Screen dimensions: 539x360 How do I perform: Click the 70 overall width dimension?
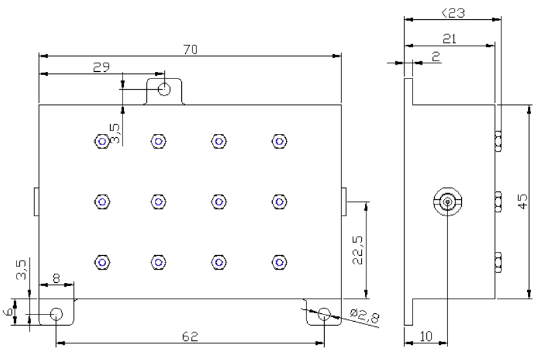(x=190, y=49)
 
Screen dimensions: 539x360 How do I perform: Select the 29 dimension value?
(x=101, y=67)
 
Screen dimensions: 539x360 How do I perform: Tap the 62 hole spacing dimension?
(x=190, y=336)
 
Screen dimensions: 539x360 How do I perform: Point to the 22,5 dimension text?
(x=358, y=250)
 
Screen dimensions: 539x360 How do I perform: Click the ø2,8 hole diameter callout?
(x=364, y=316)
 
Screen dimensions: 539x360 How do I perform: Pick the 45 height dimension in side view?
(x=523, y=202)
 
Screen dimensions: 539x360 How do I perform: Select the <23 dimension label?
(x=453, y=13)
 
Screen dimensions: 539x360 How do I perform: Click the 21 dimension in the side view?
(x=449, y=39)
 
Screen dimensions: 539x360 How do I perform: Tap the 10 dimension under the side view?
(x=426, y=336)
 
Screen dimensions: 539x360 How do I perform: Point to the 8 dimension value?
(x=57, y=278)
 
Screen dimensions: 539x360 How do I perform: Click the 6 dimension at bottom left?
(x=8, y=312)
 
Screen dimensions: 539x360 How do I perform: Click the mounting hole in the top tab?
(x=164, y=89)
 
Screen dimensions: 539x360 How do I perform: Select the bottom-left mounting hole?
(x=57, y=314)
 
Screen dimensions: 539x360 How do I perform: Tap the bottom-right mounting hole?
(x=324, y=314)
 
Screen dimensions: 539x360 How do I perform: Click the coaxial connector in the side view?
(x=447, y=202)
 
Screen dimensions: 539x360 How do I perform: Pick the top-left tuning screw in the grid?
(x=101, y=141)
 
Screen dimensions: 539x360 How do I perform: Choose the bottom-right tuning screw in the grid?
(x=279, y=262)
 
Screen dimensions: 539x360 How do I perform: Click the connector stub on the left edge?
(x=36, y=202)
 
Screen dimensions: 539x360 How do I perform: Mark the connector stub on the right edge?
(x=344, y=202)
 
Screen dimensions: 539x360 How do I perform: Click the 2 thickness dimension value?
(x=436, y=57)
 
